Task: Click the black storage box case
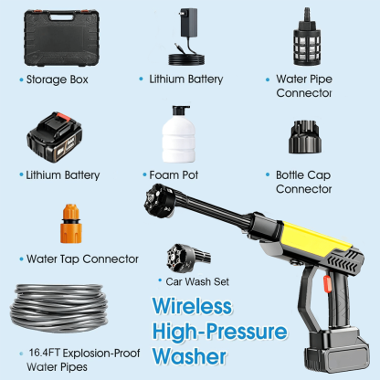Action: coord(62,38)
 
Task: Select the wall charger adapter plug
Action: coord(189,22)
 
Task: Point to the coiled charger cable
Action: coord(186,56)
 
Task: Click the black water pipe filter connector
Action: coord(307,37)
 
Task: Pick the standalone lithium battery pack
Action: coord(55,137)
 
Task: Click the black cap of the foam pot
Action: coord(180,111)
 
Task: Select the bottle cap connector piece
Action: coord(305,137)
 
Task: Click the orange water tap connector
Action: coord(71,224)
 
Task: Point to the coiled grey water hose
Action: coord(59,308)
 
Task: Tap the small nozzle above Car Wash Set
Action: coord(188,257)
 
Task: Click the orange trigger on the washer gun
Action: coord(327,284)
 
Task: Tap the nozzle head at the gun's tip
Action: coord(159,201)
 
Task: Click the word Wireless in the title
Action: coord(192,306)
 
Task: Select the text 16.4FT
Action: coord(44,353)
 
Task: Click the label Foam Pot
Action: coord(174,175)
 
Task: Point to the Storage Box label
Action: coord(58,79)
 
